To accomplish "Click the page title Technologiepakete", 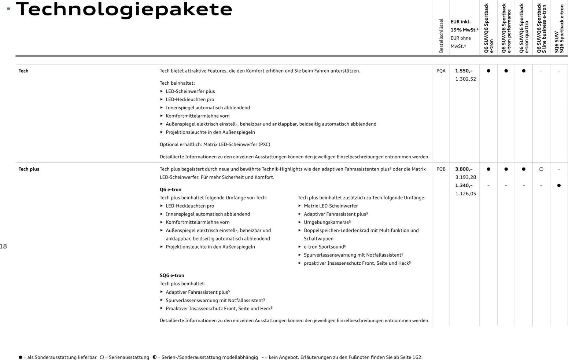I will (x=124, y=10).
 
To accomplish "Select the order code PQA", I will (x=441, y=71).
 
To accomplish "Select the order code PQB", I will (x=441, y=169).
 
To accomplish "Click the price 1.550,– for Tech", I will (x=464, y=71).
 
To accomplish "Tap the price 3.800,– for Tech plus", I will (x=464, y=169).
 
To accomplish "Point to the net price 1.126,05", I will (x=465, y=194).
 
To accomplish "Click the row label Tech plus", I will (x=29, y=169).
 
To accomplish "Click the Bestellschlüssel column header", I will (x=441, y=36).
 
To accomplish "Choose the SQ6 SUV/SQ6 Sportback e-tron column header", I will (x=559, y=29).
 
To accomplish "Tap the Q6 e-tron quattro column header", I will (x=524, y=29).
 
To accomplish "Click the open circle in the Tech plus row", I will (x=541, y=169).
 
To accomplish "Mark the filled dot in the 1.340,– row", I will (x=559, y=185).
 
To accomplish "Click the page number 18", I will (x=3, y=246).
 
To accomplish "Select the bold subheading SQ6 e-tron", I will (x=172, y=275).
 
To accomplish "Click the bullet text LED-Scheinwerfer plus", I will (x=190, y=91).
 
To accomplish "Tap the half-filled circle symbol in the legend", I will (x=154, y=357).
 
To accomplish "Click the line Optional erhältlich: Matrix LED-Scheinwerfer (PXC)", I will (x=215, y=144).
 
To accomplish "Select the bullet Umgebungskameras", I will (x=326, y=222).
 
